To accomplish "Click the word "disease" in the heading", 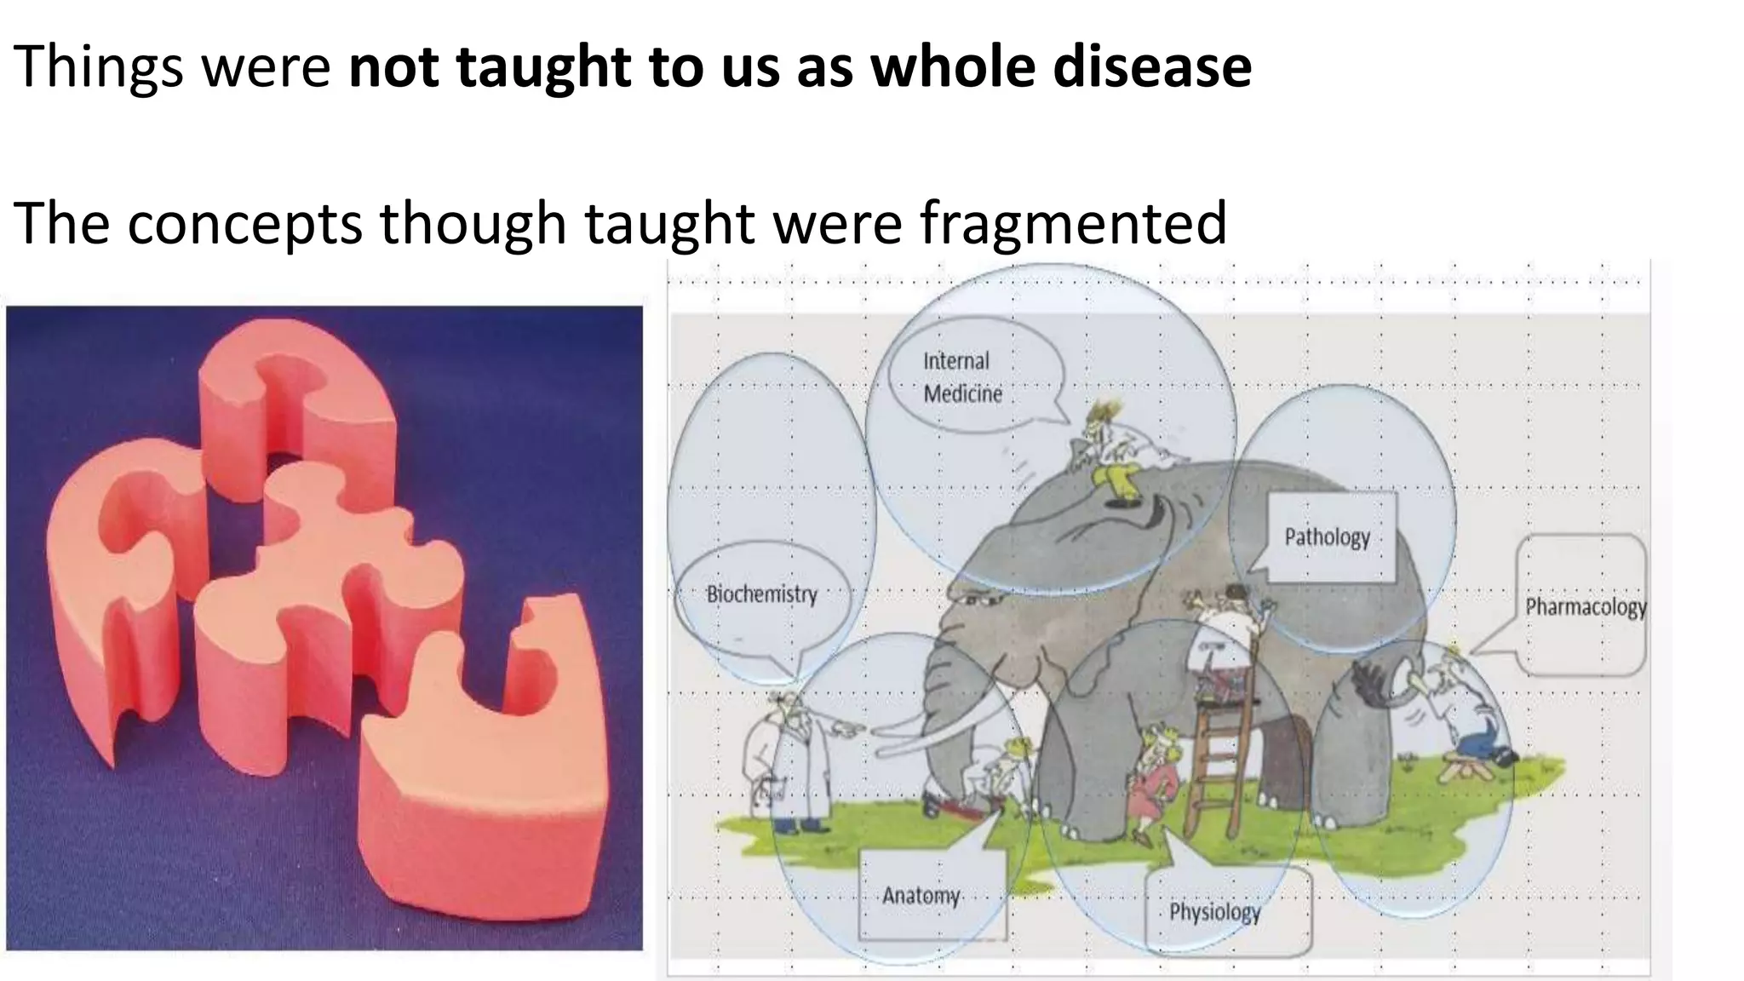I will coord(1152,66).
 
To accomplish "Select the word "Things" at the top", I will coord(99,68).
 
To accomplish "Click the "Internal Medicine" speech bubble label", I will coord(962,377).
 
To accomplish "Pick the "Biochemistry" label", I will coord(761,594).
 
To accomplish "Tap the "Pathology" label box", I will coord(1327,537).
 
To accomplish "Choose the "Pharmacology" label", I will coord(1585,607).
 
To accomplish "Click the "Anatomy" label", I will coord(921,896).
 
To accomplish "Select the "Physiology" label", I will coord(1214,913).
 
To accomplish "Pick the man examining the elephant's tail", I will coord(1465,715).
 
